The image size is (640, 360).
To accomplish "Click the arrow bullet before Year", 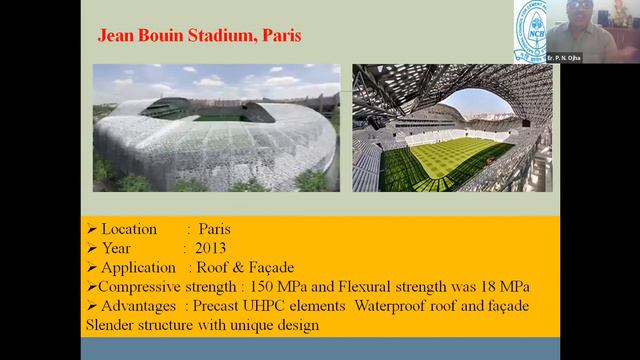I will (x=92, y=248).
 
